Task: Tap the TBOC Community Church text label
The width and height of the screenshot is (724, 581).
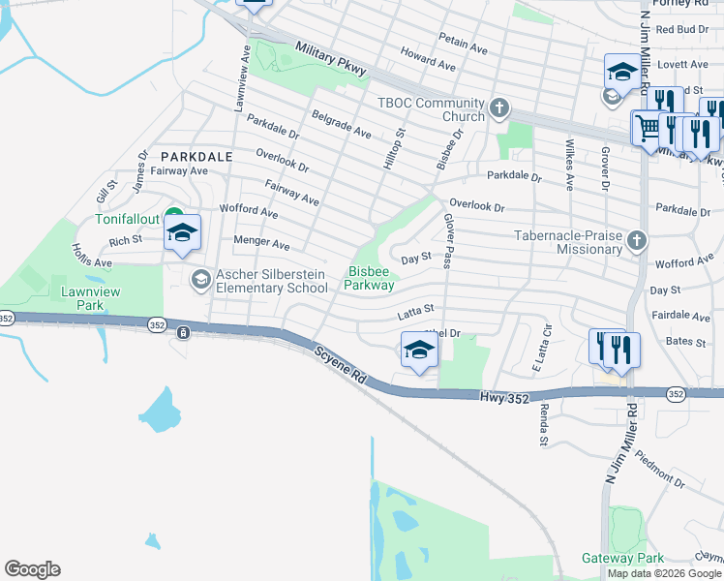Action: pos(430,110)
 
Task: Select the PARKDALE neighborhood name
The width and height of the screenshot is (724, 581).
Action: pos(196,156)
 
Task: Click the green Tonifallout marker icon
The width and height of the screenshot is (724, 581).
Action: pos(174,217)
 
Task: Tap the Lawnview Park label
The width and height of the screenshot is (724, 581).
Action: pos(82,297)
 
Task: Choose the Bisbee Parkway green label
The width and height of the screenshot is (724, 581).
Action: pos(369,279)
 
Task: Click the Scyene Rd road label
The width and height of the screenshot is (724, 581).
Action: pos(340,367)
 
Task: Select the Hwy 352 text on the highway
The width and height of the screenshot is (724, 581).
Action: pos(504,396)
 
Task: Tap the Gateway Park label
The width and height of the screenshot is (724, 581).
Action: pos(622,558)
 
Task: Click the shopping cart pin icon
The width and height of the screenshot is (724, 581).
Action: pos(647,127)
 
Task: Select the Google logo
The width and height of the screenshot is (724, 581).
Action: pos(32,569)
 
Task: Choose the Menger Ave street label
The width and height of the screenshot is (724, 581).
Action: pos(261,242)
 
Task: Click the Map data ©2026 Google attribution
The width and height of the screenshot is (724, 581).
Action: pos(664,573)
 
